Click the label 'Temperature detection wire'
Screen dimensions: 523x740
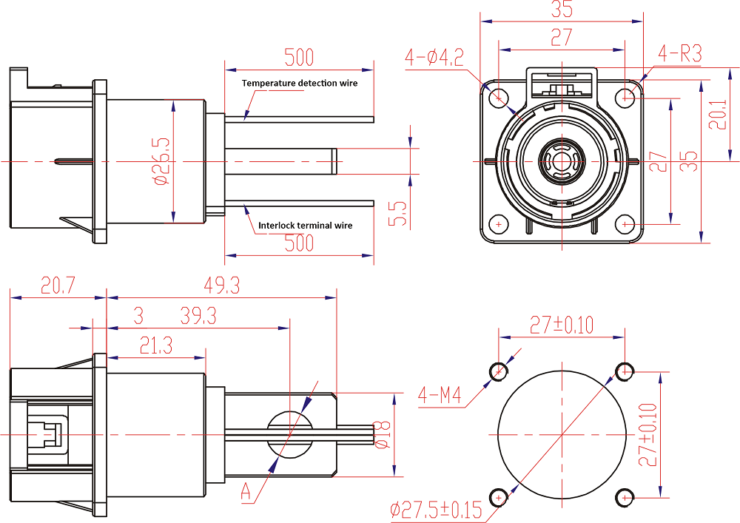[x=300, y=83]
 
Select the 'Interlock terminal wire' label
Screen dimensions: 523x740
[x=305, y=225]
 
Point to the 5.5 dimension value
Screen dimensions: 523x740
[x=399, y=214]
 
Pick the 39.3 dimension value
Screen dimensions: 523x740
[x=198, y=317]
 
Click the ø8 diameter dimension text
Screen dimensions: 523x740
[x=383, y=434]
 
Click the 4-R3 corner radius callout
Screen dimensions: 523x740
[x=679, y=53]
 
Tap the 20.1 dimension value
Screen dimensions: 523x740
[x=717, y=115]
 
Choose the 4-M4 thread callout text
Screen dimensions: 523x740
[x=439, y=396]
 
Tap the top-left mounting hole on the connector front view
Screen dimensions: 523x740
[x=499, y=95]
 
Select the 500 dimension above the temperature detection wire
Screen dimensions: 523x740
[x=299, y=57]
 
